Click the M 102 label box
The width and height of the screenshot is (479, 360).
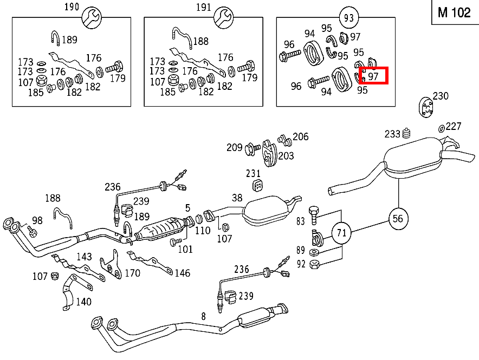454,12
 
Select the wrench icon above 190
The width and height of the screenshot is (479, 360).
90,18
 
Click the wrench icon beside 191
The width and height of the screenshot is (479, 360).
222,18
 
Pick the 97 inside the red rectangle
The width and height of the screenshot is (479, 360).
373,76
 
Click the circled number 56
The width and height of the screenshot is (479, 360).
398,219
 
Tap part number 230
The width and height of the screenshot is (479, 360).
441,96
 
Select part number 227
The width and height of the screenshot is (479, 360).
454,126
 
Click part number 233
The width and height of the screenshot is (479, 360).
392,134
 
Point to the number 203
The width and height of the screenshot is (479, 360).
286,156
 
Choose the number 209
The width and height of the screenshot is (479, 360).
235,147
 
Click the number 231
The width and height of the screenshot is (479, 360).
253,174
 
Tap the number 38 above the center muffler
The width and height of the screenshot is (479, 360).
237,198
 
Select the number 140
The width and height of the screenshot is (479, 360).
83,302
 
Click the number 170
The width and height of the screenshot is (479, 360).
132,273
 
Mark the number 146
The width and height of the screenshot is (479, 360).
182,273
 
